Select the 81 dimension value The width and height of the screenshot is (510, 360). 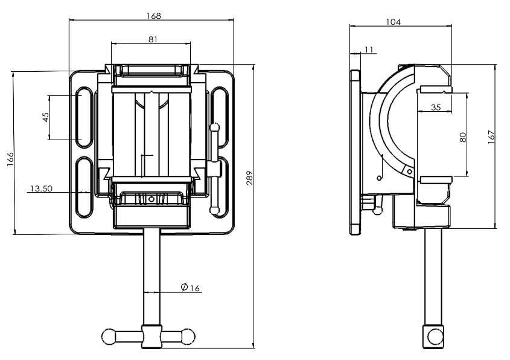tap(152, 39)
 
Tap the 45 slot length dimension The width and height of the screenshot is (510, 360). tap(46, 117)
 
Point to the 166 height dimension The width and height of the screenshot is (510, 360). tap(10, 160)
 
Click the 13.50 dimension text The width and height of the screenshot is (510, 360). tap(40, 188)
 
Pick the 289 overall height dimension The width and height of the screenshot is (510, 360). tap(249, 177)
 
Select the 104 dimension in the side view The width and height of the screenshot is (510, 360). tap(393, 22)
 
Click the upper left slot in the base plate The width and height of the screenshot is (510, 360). tap(84, 118)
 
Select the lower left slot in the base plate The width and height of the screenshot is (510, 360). tap(84, 187)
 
